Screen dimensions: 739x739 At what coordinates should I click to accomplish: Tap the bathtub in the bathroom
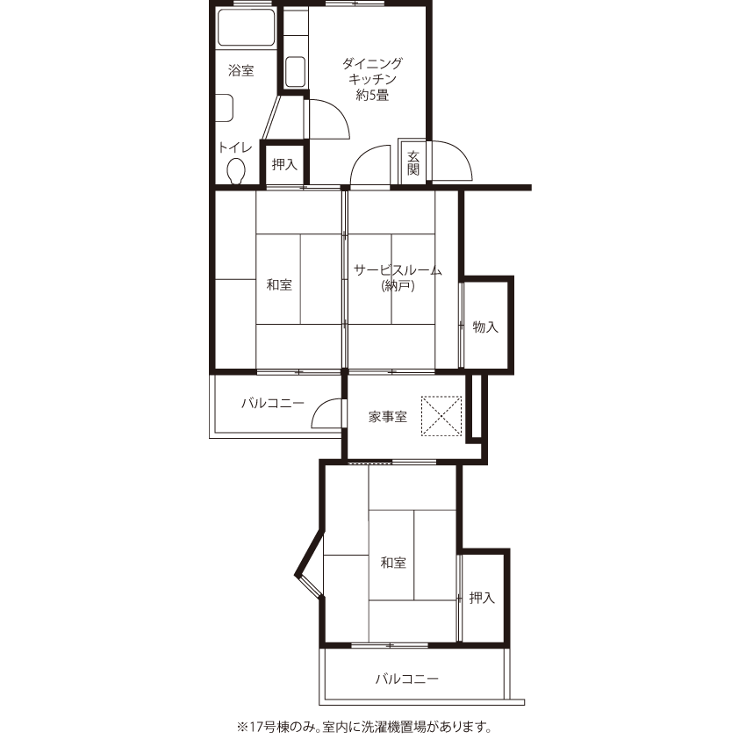246,28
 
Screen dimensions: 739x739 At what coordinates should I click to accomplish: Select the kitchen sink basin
296,72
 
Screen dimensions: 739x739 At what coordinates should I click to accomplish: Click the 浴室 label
240,71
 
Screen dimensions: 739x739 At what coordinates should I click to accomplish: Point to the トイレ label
234,147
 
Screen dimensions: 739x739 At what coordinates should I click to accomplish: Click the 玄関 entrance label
413,163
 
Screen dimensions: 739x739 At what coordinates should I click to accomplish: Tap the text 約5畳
372,96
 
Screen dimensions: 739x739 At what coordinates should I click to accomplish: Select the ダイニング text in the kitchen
372,63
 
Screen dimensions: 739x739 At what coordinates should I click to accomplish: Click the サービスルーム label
398,270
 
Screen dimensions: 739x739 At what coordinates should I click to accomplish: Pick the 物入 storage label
485,326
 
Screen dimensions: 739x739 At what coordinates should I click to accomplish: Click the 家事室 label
387,417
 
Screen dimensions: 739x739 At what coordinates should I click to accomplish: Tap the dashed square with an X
441,416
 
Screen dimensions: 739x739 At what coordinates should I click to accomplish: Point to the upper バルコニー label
273,403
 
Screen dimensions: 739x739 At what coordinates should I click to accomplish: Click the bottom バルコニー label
406,678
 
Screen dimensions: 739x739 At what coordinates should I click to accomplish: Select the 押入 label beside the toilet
284,164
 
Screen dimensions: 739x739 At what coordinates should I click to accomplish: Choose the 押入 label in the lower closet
482,598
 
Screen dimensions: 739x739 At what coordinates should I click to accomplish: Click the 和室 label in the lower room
393,563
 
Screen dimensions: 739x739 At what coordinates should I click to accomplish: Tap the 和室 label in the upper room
279,284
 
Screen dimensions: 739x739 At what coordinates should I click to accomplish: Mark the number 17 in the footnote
255,727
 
